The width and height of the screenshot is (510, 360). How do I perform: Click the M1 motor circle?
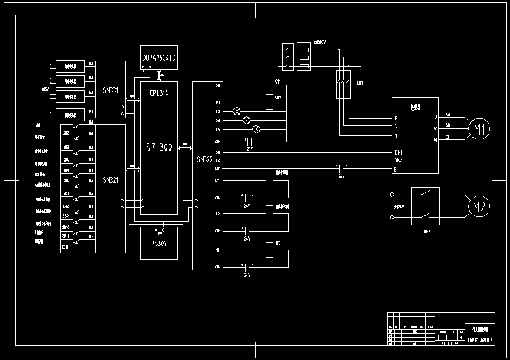(480, 128)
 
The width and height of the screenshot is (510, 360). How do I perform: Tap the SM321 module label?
(110, 180)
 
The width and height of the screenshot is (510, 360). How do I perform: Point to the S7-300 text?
(159, 147)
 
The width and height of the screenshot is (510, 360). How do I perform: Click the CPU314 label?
(159, 94)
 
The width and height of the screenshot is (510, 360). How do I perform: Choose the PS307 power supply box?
(159, 243)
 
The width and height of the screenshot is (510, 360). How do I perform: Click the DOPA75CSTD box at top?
(159, 58)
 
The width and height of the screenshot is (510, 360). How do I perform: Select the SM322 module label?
(206, 160)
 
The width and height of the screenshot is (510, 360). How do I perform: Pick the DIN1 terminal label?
(398, 152)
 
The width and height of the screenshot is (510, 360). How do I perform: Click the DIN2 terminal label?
(398, 161)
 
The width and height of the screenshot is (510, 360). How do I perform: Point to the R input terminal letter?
(397, 118)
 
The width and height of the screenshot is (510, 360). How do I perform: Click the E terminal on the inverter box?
(396, 169)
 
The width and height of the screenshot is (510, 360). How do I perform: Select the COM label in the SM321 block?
(65, 247)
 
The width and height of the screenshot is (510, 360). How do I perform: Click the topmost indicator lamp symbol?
(237, 112)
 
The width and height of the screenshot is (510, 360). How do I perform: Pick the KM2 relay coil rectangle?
(270, 101)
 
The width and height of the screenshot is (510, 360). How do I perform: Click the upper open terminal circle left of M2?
(392, 195)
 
